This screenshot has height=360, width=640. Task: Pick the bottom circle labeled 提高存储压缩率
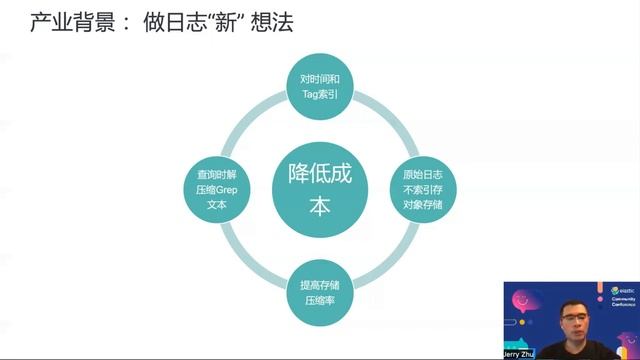320,291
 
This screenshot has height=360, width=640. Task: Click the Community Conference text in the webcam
623,301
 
